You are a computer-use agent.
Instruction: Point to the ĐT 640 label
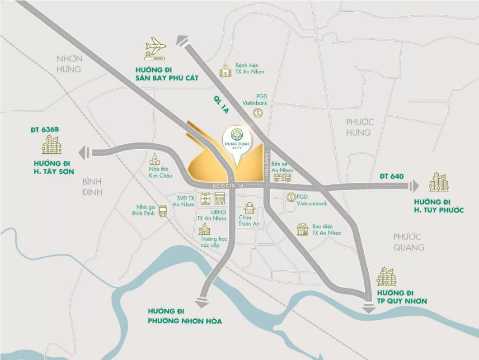(x=391, y=176)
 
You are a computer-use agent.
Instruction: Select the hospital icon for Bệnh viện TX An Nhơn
(x=225, y=70)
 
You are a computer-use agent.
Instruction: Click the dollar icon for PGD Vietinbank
(x=258, y=113)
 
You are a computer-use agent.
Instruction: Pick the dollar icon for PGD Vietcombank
(x=291, y=197)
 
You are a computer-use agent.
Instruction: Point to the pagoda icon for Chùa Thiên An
(x=249, y=208)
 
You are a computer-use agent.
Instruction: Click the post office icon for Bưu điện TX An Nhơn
(x=302, y=229)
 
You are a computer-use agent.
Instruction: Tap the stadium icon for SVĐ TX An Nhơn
(x=205, y=198)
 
